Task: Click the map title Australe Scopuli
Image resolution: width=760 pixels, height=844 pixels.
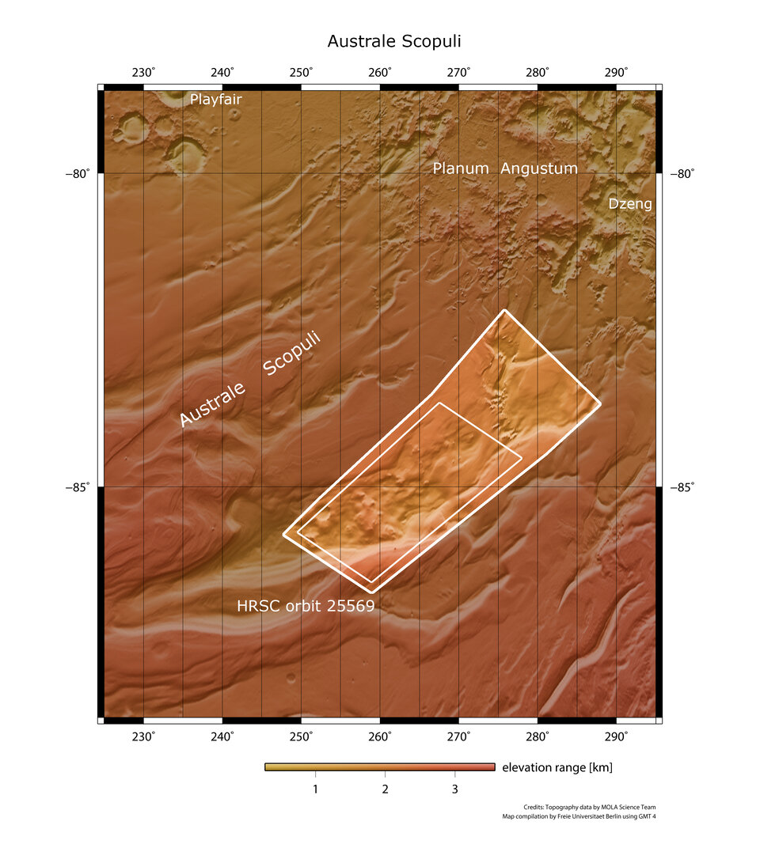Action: (x=382, y=40)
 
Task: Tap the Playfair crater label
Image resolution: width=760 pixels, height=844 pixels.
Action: (x=215, y=100)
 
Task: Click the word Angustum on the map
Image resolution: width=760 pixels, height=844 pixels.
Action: (x=539, y=168)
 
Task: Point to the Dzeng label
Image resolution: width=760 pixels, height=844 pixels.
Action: (x=630, y=204)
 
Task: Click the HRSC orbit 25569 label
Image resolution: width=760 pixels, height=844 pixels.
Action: (x=306, y=607)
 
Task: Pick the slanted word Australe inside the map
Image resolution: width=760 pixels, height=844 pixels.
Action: (x=212, y=404)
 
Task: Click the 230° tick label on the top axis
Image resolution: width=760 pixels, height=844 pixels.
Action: (x=143, y=73)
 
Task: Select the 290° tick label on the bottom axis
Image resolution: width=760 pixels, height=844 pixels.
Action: (x=617, y=736)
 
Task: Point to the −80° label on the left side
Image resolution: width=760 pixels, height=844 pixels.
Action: (x=78, y=174)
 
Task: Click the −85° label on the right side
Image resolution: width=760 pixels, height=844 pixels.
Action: (x=682, y=487)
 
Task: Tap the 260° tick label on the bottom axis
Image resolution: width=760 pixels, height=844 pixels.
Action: (x=380, y=736)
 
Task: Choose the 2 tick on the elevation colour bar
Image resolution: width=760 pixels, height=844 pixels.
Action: (x=385, y=789)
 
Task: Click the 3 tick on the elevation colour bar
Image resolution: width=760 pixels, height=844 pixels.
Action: (x=454, y=789)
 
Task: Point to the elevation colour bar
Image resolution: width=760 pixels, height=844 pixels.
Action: (x=380, y=766)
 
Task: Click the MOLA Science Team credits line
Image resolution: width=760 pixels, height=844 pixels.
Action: (x=589, y=808)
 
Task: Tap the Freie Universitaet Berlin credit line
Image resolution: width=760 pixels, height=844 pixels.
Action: (x=579, y=816)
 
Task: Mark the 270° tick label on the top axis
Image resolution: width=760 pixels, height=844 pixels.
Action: (x=459, y=73)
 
